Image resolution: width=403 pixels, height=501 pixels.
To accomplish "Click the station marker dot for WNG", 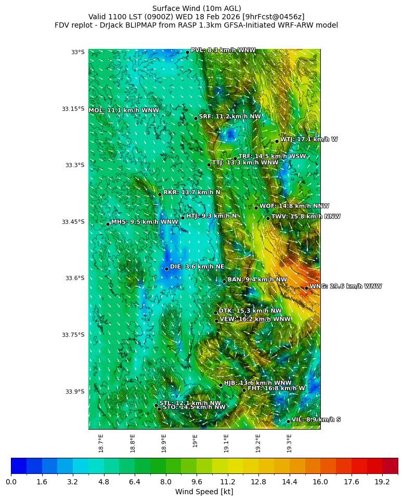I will [306, 287].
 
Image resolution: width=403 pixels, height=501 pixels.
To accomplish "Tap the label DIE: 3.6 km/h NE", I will [197, 267].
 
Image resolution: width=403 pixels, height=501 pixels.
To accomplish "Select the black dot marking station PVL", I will [187, 52].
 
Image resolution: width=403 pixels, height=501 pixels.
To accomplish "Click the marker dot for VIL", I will [288, 421].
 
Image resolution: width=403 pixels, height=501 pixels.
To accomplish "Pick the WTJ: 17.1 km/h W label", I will [309, 140].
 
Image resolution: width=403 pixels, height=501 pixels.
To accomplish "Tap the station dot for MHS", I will [108, 224].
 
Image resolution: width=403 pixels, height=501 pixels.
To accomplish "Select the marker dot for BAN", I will [224, 281].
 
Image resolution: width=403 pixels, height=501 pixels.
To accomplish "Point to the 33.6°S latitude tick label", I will [75, 278].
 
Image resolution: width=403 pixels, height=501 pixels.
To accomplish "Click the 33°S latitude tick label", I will [77, 52].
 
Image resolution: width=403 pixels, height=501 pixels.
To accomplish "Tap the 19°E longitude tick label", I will [195, 441].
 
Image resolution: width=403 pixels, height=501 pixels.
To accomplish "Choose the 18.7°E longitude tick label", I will [101, 443].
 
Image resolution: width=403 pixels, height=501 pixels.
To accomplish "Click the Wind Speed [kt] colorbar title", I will [204, 492].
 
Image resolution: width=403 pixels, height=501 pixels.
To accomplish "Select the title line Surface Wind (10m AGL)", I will [196, 8].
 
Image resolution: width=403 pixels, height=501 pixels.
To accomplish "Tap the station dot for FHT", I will [244, 390].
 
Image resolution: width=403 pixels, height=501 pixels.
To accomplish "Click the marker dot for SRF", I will [196, 118].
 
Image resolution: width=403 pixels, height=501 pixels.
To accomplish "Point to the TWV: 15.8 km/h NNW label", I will [306, 217].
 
